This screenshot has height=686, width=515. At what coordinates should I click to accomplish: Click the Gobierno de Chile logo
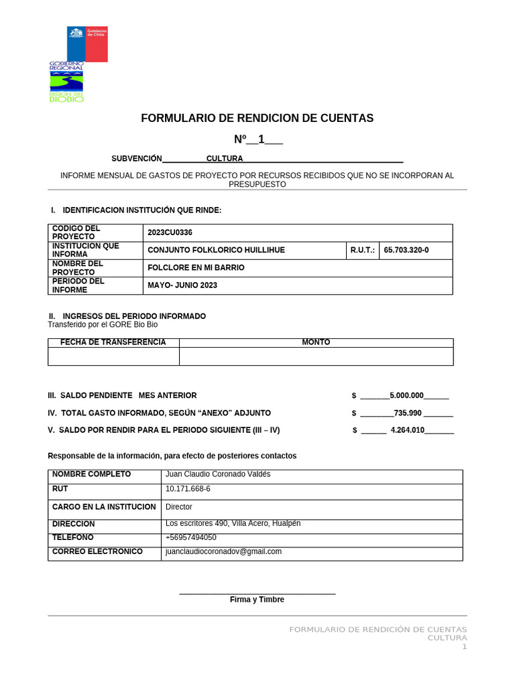[87, 44]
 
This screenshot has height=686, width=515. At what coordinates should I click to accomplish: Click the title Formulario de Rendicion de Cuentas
[257, 119]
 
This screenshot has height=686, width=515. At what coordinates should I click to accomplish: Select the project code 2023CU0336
[170, 232]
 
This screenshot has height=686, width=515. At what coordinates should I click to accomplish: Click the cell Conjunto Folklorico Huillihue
[216, 250]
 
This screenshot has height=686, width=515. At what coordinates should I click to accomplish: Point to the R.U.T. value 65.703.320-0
[406, 250]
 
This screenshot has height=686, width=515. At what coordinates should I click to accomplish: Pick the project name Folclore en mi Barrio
[196, 268]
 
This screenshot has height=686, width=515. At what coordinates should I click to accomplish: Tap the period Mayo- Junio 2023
[182, 285]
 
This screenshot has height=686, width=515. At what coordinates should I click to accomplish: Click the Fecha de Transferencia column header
[113, 342]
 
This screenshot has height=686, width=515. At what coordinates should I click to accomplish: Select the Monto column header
[316, 342]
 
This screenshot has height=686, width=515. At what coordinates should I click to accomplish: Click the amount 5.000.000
[406, 395]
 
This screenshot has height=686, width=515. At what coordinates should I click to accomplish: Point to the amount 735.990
[408, 413]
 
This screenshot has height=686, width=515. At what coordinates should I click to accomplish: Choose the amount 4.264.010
[407, 430]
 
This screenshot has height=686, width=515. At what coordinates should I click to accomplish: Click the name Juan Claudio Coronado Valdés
[218, 474]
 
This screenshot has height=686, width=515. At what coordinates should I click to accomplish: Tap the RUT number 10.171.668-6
[188, 489]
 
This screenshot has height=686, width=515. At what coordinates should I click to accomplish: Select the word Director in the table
[179, 507]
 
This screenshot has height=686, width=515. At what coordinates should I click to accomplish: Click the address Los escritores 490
[233, 523]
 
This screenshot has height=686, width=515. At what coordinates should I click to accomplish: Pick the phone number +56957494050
[191, 537]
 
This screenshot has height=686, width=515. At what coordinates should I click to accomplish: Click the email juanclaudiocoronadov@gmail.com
[223, 551]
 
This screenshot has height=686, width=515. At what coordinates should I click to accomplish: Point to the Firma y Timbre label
[257, 600]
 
